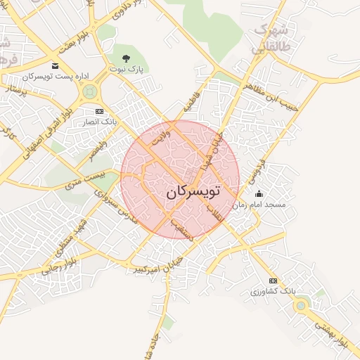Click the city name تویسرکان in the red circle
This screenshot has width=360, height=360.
coord(193,191)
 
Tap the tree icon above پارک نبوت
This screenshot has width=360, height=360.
coord(126,58)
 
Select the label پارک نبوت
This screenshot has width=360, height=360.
coord(127,70)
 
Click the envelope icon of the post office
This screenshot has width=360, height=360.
coord(55,66)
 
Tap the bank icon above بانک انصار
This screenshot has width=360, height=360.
coord(98,111)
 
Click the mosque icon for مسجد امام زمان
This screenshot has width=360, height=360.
coord(259,194)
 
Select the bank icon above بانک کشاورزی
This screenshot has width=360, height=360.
coord(274,281)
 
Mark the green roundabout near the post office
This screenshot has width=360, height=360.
coord(89,91)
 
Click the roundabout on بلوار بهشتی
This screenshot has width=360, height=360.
coord(302,305)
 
